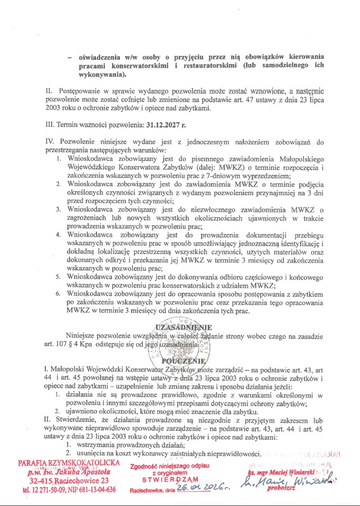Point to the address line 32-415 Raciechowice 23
point(70,480)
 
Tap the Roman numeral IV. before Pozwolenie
point(50,139)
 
